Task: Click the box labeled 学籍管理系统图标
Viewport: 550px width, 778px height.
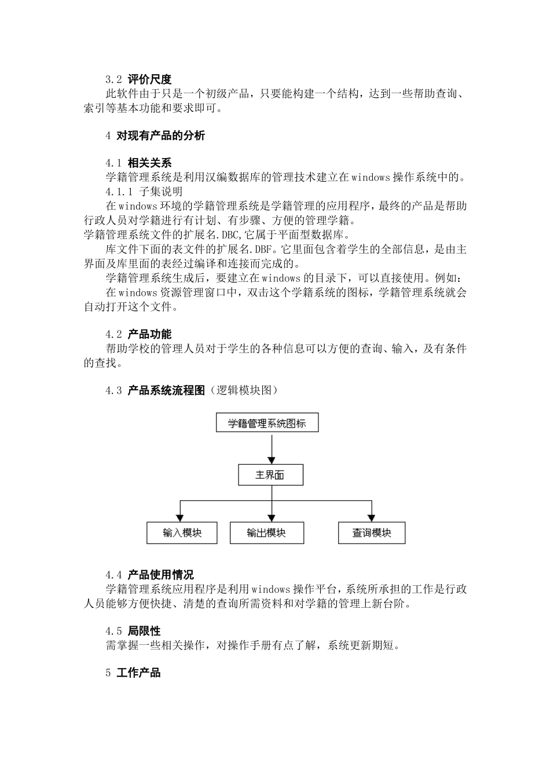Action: click(267, 423)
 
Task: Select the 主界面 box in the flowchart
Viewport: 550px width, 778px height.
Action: click(270, 475)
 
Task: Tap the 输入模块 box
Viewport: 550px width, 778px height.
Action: click(182, 533)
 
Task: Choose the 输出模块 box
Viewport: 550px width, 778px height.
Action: click(266, 533)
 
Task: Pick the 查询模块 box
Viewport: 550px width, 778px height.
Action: click(372, 533)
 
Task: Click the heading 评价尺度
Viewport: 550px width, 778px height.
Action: click(149, 79)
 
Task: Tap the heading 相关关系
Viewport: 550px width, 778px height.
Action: click(149, 163)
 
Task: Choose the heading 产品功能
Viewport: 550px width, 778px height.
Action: click(149, 334)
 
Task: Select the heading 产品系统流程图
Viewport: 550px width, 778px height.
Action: click(166, 390)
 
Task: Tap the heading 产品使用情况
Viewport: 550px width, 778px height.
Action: click(160, 575)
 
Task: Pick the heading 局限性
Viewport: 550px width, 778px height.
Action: click(144, 631)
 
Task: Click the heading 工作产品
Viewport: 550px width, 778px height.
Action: click(138, 673)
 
